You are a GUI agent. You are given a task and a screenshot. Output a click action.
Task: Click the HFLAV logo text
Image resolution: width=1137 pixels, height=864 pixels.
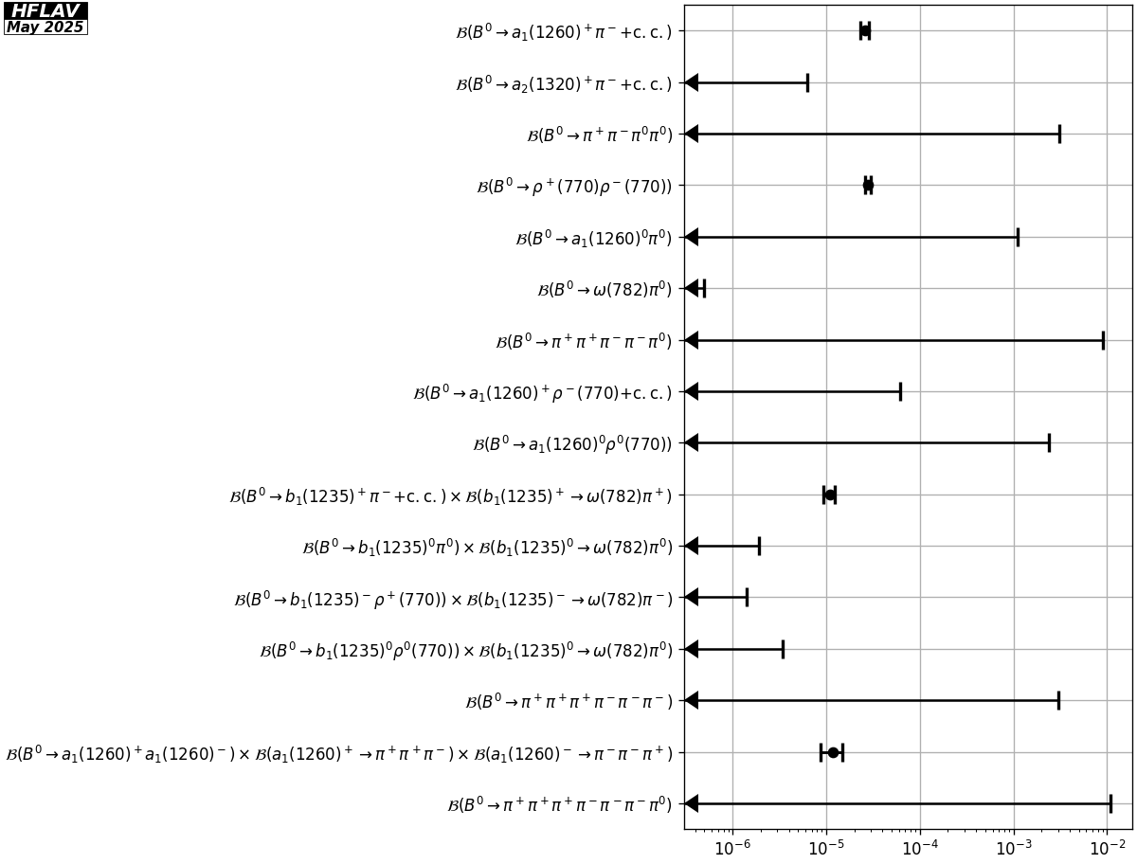click(x=45, y=10)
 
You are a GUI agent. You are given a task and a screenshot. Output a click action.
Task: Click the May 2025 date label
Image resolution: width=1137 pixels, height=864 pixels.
click(x=45, y=27)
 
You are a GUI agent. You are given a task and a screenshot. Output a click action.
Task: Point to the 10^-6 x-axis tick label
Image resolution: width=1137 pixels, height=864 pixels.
click(x=732, y=846)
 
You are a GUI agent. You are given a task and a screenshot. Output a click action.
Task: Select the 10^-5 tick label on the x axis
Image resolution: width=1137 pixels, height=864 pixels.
click(x=825, y=846)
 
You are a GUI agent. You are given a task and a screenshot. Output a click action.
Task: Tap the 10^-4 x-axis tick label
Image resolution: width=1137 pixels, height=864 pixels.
click(x=919, y=846)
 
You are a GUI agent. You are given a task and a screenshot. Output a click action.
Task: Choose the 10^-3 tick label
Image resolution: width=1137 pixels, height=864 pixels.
click(x=1013, y=846)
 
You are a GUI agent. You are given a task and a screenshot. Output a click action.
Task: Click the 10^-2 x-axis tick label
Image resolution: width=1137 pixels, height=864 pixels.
click(x=1106, y=846)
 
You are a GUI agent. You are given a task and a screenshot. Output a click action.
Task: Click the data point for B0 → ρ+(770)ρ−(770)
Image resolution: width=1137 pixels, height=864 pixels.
click(x=868, y=186)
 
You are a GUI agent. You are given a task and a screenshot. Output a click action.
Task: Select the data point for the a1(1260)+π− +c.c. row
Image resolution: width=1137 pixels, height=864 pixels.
click(x=865, y=31)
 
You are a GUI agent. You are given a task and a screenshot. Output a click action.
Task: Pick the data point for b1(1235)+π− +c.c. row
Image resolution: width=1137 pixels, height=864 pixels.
click(x=830, y=495)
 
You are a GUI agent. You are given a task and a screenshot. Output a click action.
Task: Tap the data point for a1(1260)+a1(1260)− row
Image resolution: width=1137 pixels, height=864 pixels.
click(x=833, y=752)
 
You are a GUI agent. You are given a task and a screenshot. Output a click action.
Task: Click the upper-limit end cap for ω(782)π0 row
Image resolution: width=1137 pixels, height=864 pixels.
click(x=704, y=288)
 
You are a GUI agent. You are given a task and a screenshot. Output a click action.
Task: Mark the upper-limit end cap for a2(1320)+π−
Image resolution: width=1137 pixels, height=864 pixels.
click(x=807, y=82)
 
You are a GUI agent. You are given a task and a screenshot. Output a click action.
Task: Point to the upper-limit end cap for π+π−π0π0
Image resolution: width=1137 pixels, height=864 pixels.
click(x=1059, y=134)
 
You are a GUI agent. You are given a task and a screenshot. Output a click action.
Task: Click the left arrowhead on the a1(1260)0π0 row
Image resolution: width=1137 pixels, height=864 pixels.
click(x=692, y=237)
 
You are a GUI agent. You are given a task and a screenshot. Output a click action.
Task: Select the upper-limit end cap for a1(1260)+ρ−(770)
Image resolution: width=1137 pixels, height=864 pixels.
click(x=900, y=391)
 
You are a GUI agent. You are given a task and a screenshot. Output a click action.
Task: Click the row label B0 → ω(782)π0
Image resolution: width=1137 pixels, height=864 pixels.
click(x=605, y=289)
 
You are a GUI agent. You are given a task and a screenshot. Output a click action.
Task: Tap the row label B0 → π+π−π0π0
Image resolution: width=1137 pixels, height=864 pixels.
click(x=599, y=135)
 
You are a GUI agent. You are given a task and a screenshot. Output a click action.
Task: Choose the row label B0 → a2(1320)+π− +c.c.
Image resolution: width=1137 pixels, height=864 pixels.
click(x=564, y=83)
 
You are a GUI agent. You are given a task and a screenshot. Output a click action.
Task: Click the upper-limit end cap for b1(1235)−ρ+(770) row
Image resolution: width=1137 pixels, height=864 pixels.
click(x=747, y=597)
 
